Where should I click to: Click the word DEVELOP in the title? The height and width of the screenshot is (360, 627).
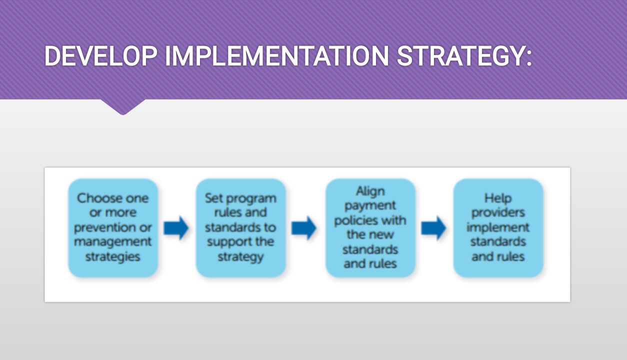click(x=101, y=55)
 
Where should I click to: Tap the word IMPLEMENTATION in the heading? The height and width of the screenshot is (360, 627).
click(x=277, y=55)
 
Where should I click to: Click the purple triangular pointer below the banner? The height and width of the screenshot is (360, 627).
click(x=123, y=106)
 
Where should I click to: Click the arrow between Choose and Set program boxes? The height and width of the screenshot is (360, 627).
click(x=176, y=228)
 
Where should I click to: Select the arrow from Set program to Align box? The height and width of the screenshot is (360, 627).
click(x=303, y=228)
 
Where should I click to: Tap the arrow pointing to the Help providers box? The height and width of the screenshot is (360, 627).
click(x=433, y=228)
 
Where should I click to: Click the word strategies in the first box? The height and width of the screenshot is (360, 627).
click(x=113, y=257)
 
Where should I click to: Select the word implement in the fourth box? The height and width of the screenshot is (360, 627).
click(x=498, y=228)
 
